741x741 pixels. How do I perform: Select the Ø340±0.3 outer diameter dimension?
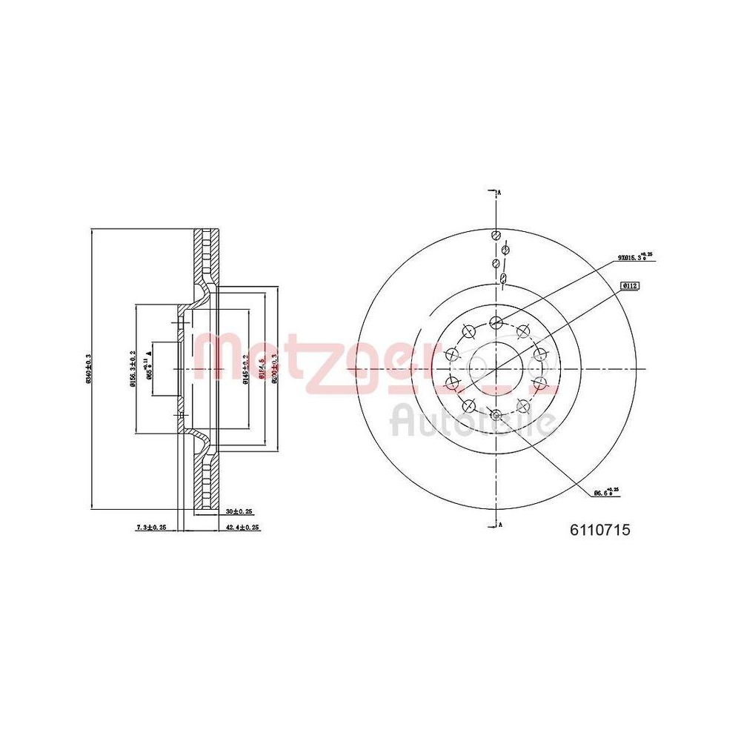[89, 369]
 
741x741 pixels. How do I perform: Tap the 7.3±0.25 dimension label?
[151, 528]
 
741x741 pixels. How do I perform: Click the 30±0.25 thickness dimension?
[240, 511]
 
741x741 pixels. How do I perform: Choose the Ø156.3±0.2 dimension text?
[133, 368]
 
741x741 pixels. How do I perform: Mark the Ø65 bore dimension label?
[150, 368]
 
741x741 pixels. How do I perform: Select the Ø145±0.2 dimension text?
[246, 368]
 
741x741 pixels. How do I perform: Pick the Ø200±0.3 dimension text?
[274, 368]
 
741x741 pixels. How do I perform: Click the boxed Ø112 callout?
[631, 285]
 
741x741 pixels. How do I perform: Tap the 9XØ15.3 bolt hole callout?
[634, 257]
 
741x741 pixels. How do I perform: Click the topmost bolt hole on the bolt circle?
[496, 322]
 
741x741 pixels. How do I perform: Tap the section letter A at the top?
[500, 193]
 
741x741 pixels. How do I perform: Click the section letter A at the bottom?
[500, 525]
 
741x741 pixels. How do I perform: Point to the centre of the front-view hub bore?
[496, 368]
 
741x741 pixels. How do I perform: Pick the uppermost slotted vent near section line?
[495, 235]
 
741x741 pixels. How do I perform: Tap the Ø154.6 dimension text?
[261, 368]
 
